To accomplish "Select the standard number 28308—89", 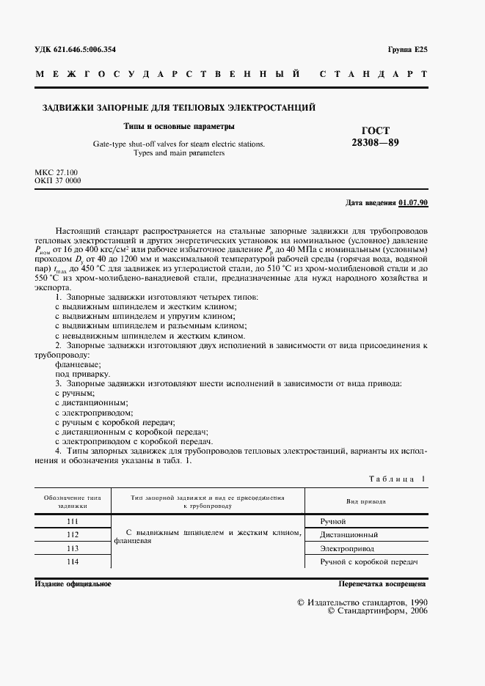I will [375, 142].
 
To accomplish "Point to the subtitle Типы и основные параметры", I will [178, 126].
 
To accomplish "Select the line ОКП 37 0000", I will [58, 180].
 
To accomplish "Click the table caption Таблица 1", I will [396, 479].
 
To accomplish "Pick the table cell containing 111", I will [72, 521].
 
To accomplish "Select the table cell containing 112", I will [72, 534].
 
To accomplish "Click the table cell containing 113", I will [72, 547].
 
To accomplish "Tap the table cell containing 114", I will [72, 561].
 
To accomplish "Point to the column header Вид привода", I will [366, 501].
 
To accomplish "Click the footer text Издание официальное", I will [73, 583].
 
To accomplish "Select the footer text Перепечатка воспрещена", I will [382, 583].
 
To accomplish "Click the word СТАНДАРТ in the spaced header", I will [373, 75].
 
